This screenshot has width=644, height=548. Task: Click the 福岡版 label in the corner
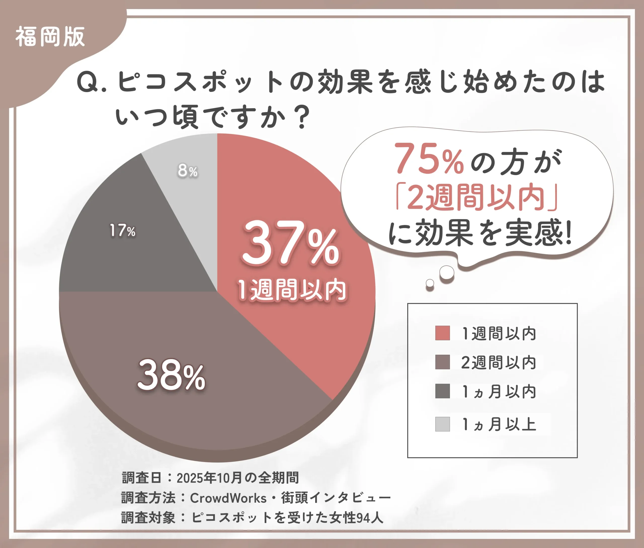[50, 37]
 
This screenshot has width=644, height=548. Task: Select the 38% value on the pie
[171, 375]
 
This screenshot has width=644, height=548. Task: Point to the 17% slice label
[123, 230]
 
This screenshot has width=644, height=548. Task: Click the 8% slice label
[188, 171]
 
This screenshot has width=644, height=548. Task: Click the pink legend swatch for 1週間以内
[442, 333]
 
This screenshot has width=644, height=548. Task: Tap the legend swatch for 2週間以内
[442, 362]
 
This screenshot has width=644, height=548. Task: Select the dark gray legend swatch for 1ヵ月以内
[442, 391]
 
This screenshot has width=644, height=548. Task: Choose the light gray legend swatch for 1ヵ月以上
[442, 424]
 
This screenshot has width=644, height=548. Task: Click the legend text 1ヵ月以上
[499, 424]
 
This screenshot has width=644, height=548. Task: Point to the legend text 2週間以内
[499, 362]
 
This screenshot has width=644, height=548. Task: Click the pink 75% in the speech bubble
[429, 159]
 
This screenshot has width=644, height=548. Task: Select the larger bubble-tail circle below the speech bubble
[447, 272]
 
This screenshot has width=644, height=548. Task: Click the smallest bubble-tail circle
[430, 283]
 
